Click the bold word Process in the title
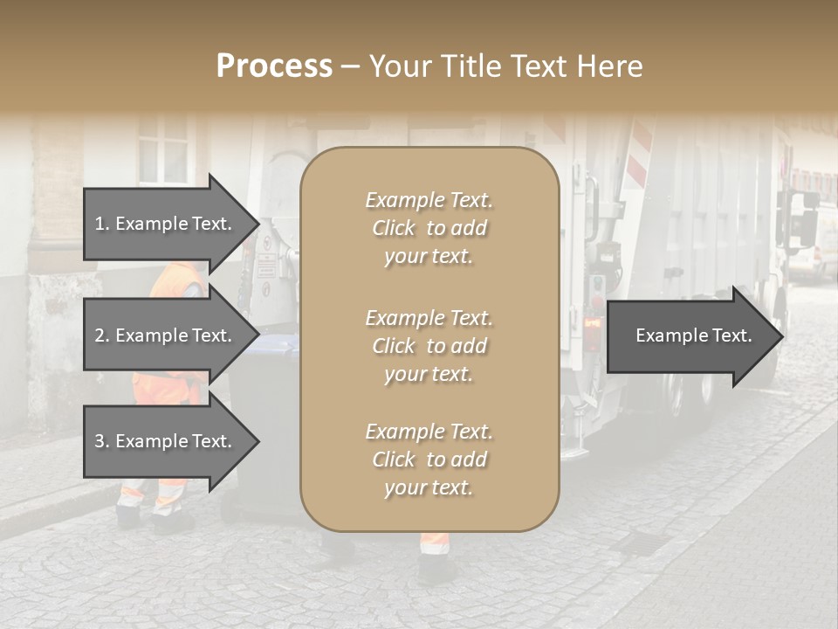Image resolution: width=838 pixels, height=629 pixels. (274, 66)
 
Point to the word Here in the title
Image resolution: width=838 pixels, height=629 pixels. (608, 66)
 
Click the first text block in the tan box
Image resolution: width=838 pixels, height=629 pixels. (429, 228)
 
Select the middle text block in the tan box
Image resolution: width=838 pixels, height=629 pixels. (429, 346)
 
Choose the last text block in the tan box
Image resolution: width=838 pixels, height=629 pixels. (429, 460)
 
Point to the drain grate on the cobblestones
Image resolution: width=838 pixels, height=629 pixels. (642, 543)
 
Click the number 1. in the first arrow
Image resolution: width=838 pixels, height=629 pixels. (102, 224)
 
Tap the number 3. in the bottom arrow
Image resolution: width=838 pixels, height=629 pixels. (102, 441)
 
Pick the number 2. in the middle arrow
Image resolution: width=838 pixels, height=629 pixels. (102, 335)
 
